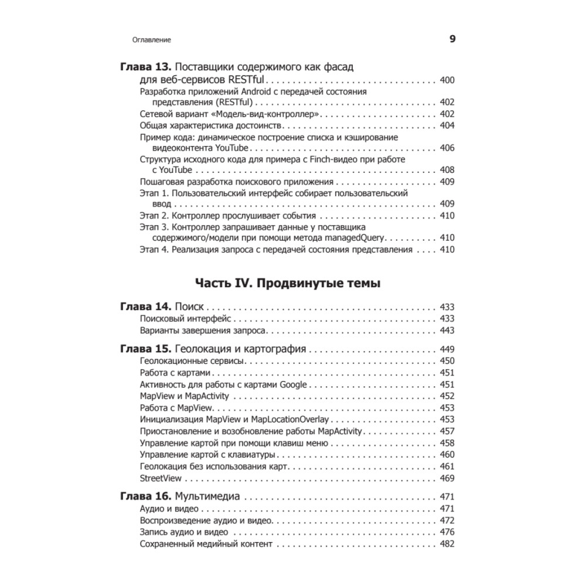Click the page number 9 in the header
coord(452,39)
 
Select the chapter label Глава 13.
coord(145,67)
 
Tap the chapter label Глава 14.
coord(145,306)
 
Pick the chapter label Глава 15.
coord(145,349)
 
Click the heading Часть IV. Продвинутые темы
coord(287,284)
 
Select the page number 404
coord(447,126)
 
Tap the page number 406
coord(447,148)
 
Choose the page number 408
coord(447,171)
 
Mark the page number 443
coord(447,331)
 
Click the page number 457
coord(447,431)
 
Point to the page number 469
coord(447,478)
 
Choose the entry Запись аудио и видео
coord(184,533)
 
